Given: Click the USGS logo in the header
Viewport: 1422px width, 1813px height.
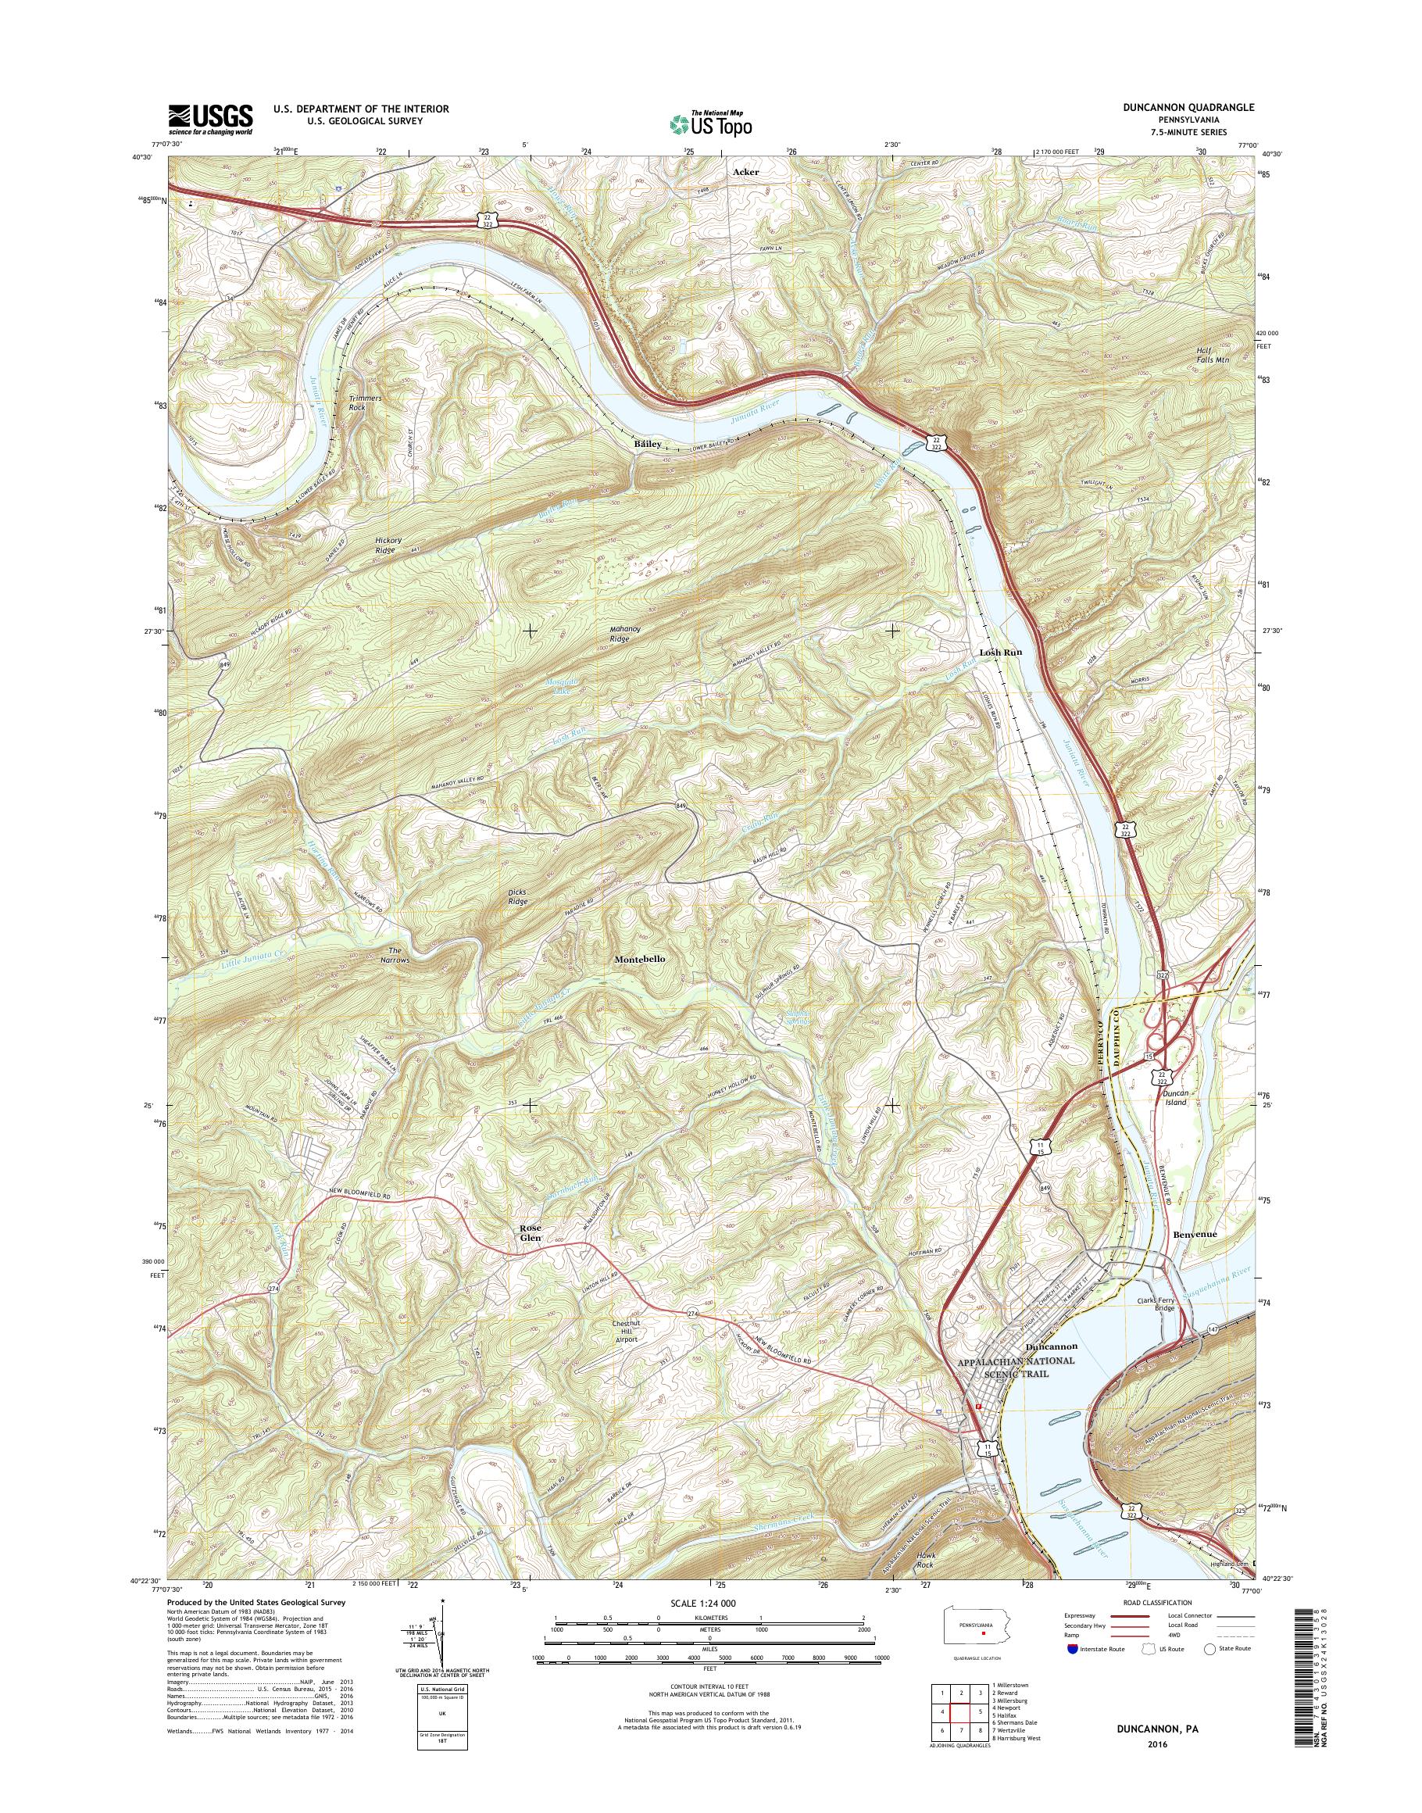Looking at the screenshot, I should tap(211, 119).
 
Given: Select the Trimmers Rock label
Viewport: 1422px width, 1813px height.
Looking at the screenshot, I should tap(365, 403).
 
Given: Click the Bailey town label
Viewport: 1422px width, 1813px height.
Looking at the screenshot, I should tap(647, 444).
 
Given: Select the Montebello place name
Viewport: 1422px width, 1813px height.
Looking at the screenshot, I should tap(639, 960).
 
